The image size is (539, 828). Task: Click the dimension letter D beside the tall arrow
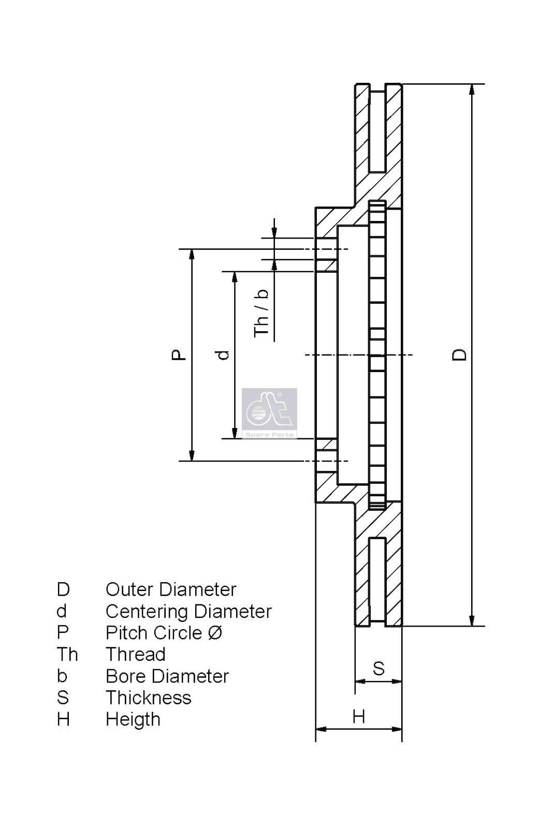click(460, 354)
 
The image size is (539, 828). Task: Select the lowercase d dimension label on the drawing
click(223, 354)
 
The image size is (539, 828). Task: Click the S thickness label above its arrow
click(378, 668)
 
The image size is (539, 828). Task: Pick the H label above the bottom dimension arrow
click(358, 717)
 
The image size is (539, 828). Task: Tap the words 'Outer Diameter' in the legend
click(171, 589)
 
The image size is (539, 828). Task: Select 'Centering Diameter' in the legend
click(188, 611)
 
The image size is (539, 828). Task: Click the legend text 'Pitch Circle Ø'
click(164, 633)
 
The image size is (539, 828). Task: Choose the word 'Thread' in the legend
click(136, 655)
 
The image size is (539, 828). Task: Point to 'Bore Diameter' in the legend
click(167, 676)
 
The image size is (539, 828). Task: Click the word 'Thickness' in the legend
click(149, 698)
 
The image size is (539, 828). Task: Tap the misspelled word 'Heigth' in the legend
click(133, 720)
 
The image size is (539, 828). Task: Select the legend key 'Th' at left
click(67, 655)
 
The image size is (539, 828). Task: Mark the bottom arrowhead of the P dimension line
click(192, 455)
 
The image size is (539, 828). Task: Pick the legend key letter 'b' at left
click(62, 676)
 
